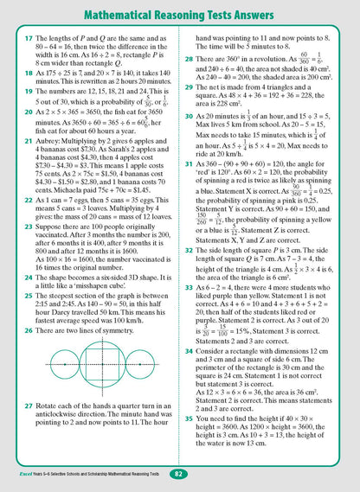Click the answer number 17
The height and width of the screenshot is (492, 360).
16,43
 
